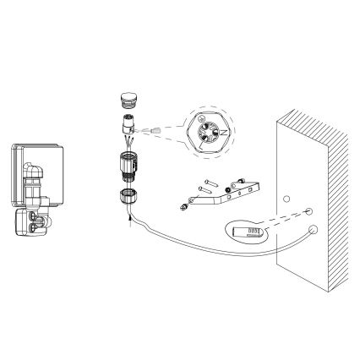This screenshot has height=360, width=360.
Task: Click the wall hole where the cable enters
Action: [x=314, y=228]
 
